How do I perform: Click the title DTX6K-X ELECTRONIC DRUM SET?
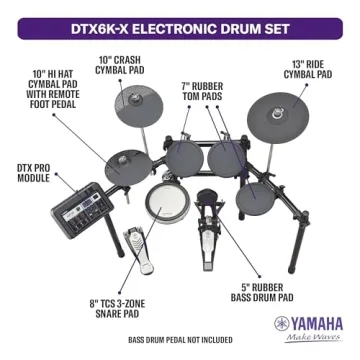tap(180, 17)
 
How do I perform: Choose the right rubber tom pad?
tap(227, 155)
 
